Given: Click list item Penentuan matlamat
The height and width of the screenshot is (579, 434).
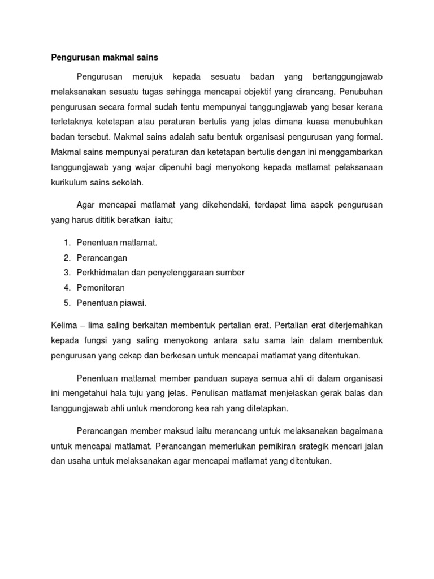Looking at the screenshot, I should (117, 243).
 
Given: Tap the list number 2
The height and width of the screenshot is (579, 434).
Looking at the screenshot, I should (66, 258).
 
